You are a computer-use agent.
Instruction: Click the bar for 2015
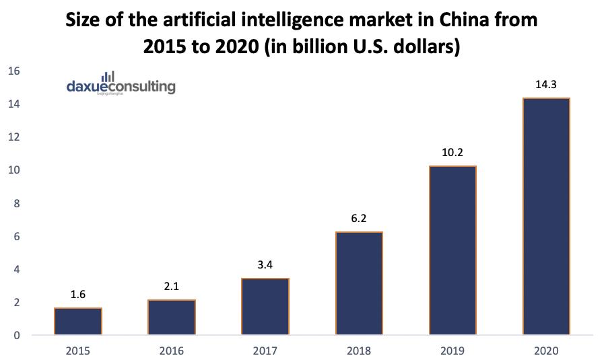[78, 321]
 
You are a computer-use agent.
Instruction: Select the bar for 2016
[172, 317]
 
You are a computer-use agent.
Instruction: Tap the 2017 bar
[265, 306]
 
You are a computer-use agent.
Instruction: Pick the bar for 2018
[359, 283]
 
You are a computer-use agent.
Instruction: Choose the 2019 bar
[452, 250]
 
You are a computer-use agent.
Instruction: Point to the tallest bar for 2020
[546, 217]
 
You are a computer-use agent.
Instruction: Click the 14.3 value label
[546, 85]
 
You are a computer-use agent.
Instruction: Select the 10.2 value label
[452, 153]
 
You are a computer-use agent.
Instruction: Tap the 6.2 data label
[359, 219]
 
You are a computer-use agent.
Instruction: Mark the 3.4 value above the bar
[265, 265]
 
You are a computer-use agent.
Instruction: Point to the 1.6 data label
[78, 295]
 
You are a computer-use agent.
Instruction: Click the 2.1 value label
[172, 287]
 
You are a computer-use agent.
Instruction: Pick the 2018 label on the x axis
[359, 351]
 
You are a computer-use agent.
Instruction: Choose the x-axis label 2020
[546, 351]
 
